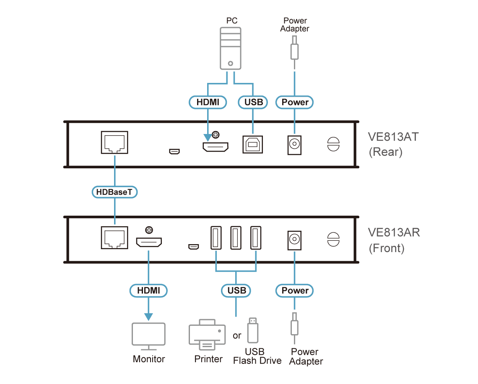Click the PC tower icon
click(x=231, y=49)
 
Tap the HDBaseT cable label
click(x=114, y=192)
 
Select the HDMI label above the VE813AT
click(x=208, y=102)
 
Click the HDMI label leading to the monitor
click(x=148, y=291)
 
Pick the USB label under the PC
click(x=253, y=102)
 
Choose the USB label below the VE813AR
click(x=236, y=291)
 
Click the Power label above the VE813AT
click(x=294, y=102)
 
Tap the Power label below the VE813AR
click(x=294, y=291)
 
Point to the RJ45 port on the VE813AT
click(x=114, y=142)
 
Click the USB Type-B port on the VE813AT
click(x=253, y=144)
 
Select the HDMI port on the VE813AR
click(x=149, y=242)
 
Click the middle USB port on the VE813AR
click(x=236, y=238)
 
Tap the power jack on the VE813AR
click(x=294, y=240)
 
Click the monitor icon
click(x=148, y=336)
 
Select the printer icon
click(x=207, y=335)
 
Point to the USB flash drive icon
click(x=253, y=330)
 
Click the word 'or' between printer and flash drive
click(x=237, y=335)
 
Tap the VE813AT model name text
click(x=393, y=137)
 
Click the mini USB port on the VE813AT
click(x=174, y=151)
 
